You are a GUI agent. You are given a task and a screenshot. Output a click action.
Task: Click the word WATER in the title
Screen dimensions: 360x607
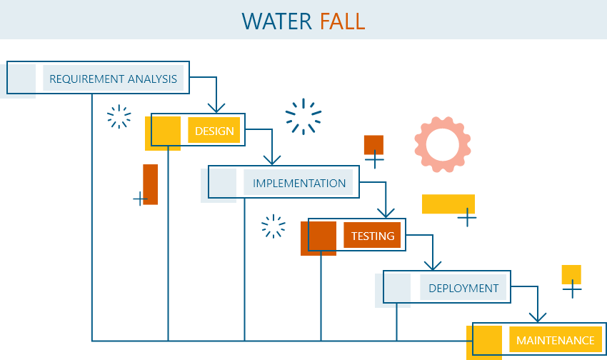click(277, 21)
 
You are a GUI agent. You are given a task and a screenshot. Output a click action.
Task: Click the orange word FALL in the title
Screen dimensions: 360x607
click(342, 21)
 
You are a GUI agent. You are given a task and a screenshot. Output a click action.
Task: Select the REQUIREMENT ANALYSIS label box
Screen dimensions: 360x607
click(113, 79)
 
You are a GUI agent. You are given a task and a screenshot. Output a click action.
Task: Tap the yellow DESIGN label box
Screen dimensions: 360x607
click(214, 131)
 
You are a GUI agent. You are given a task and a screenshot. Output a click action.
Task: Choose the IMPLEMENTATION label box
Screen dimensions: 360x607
click(299, 183)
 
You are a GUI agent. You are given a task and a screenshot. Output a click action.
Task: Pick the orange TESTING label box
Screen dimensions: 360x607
click(372, 236)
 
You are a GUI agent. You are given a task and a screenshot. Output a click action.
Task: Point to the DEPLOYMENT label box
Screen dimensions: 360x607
click(463, 288)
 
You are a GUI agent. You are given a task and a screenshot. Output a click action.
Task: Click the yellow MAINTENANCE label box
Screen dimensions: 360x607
click(555, 341)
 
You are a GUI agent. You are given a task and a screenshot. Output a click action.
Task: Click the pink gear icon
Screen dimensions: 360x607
click(443, 144)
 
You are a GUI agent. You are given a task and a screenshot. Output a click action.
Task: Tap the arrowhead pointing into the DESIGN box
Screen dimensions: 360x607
click(216, 107)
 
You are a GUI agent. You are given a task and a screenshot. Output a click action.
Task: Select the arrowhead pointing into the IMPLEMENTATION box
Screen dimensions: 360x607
click(271, 159)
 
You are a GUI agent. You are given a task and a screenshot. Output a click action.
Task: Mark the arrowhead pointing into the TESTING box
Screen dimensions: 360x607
click(386, 212)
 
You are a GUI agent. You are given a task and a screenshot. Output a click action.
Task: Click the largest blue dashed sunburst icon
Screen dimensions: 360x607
click(303, 116)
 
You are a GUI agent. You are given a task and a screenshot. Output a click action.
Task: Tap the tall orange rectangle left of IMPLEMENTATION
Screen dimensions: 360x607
click(150, 184)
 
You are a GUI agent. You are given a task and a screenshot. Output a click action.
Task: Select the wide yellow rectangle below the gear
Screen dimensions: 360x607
click(448, 204)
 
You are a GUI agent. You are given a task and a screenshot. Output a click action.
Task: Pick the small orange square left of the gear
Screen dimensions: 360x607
click(373, 144)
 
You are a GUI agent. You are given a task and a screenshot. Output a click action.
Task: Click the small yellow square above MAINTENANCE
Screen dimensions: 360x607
click(571, 274)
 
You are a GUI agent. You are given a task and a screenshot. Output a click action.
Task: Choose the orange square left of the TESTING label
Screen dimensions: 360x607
click(318, 238)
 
